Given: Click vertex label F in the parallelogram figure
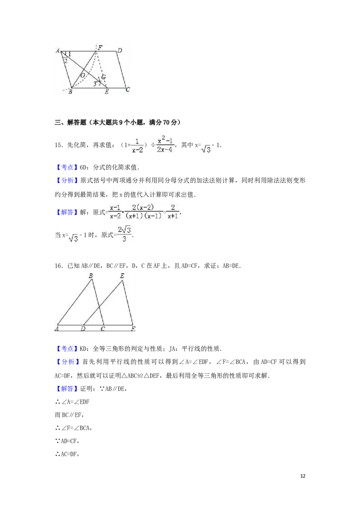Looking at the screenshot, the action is tap(100, 47).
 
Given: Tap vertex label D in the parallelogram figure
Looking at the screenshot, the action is tap(120, 50).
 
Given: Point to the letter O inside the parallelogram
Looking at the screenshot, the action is tap(83, 75).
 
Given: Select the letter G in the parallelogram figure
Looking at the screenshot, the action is tap(103, 77).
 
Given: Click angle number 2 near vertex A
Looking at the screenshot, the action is tap(66, 61).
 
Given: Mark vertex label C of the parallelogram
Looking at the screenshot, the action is tap(128, 89).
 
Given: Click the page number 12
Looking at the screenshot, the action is tap(303, 476).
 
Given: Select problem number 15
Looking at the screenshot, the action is tap(58, 145).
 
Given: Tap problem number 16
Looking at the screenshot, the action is tap(58, 266).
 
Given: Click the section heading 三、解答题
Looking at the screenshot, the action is tap(71, 122).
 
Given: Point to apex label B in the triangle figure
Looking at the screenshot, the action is tap(90, 276).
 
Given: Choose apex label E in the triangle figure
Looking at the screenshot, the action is tap(122, 276).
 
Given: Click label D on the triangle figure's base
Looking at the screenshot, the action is tap(83, 329).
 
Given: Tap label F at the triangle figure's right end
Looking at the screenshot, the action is tap(133, 329).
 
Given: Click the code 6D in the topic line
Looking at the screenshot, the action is tap(84, 168).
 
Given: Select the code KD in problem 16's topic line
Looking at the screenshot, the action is tap(84, 349).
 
